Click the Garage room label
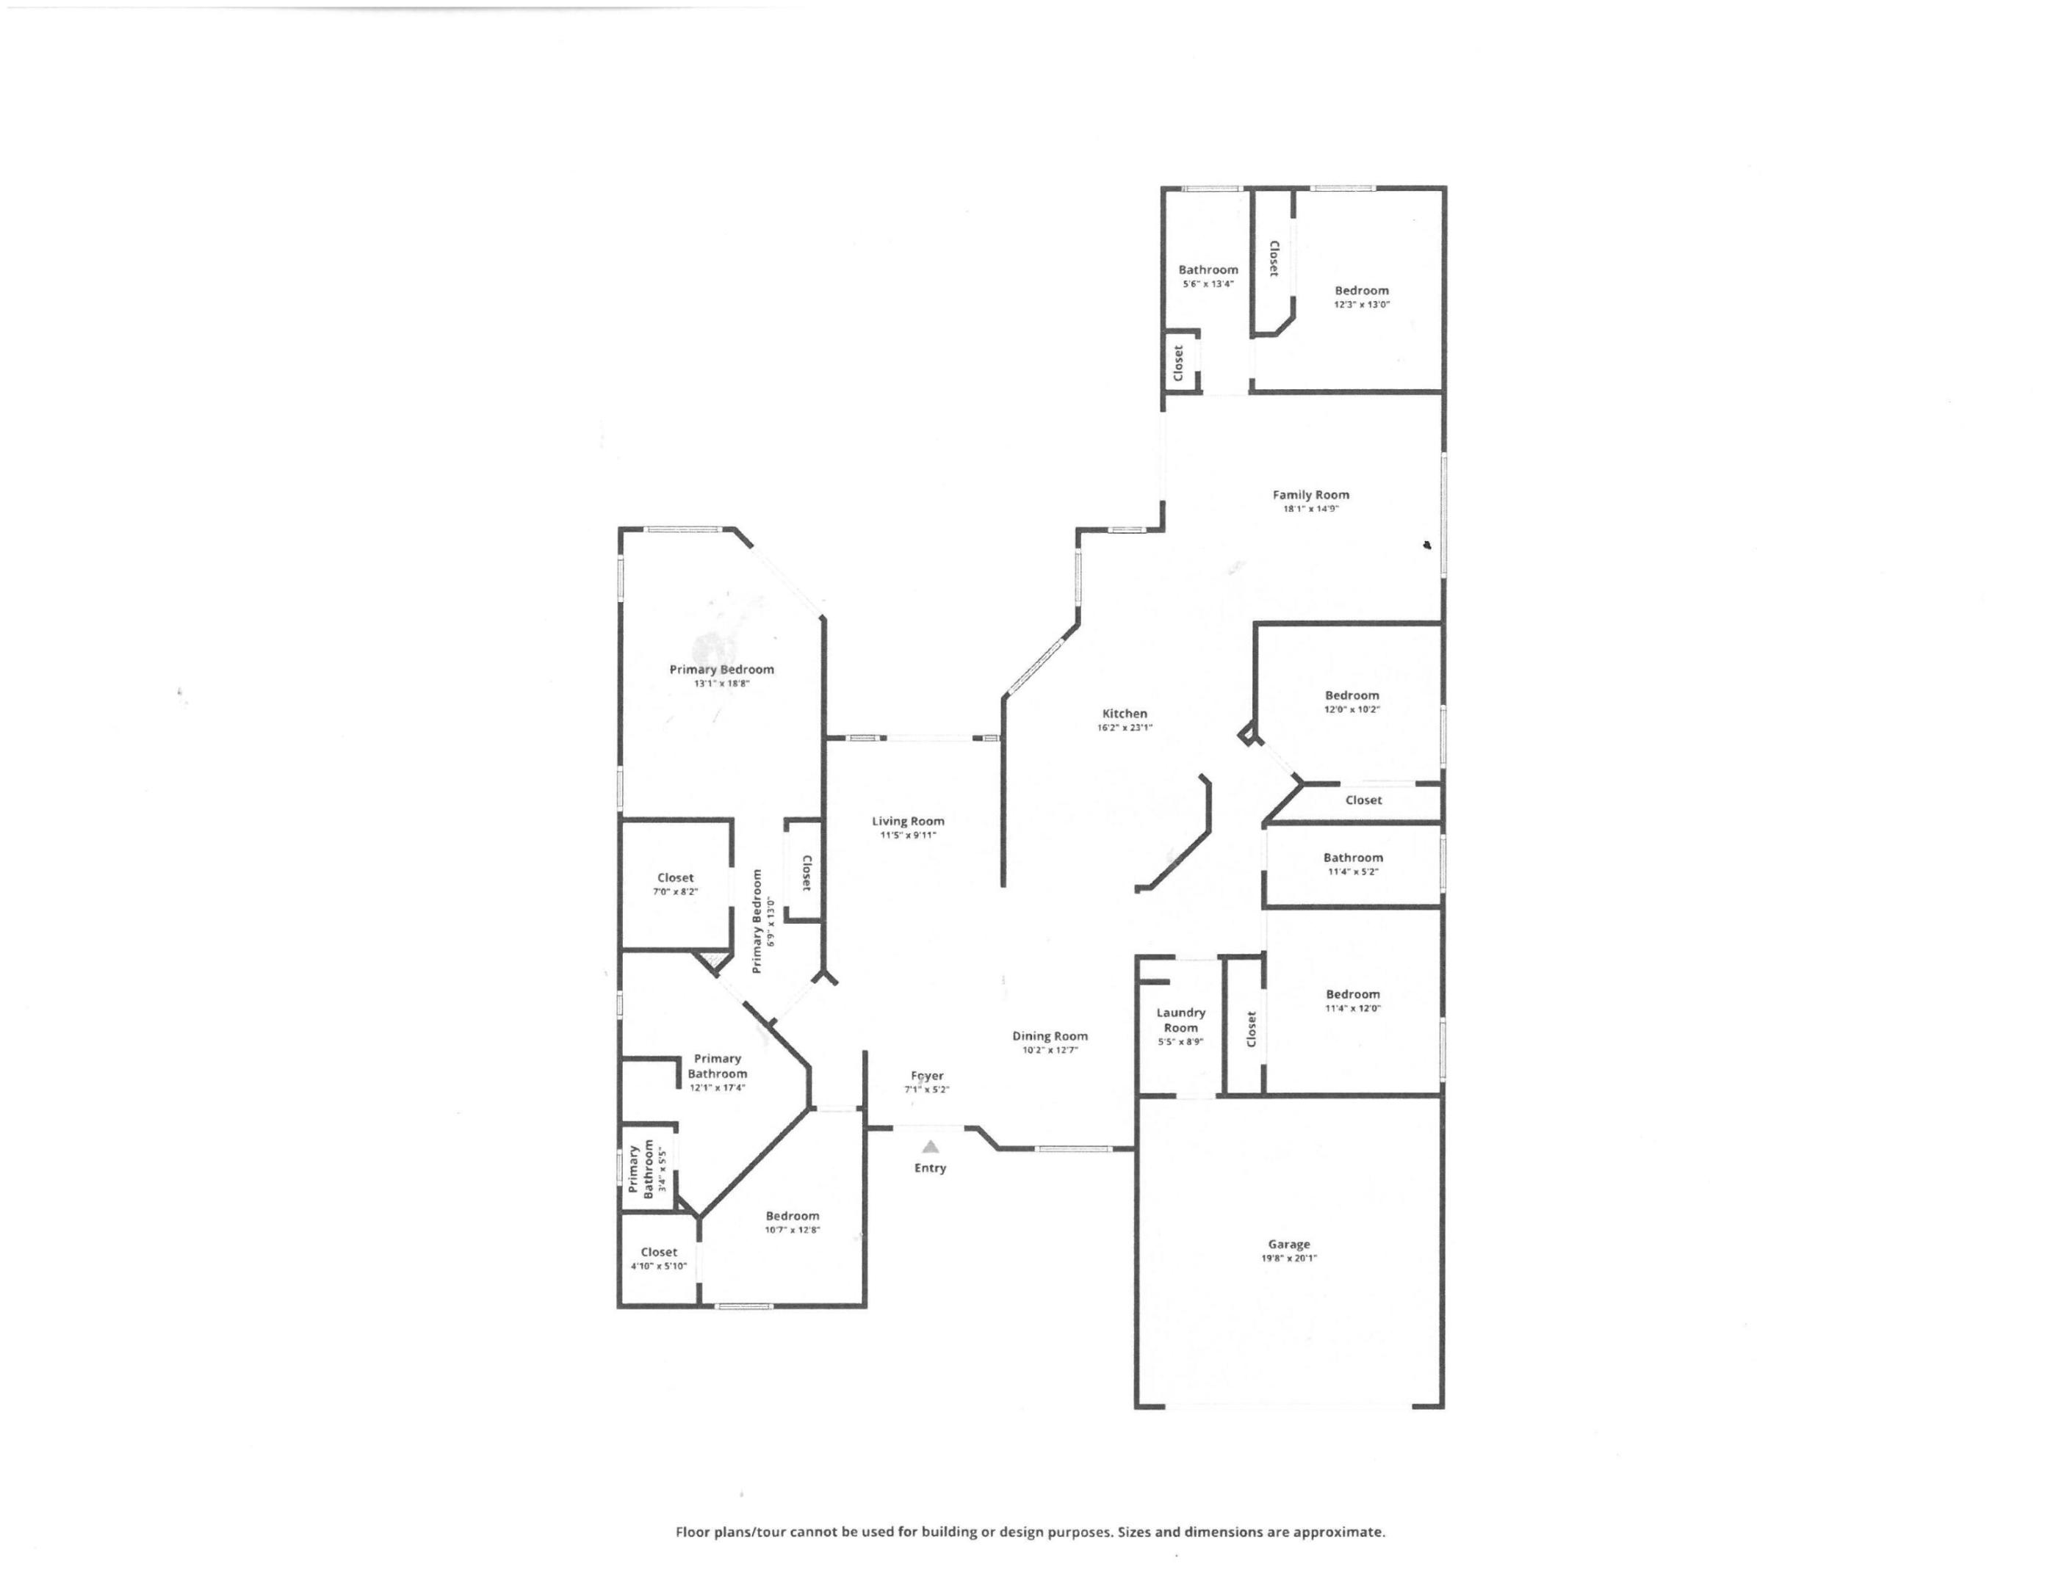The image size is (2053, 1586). pos(1288,1244)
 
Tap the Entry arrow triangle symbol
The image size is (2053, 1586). pos(930,1146)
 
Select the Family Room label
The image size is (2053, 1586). pos(1310,495)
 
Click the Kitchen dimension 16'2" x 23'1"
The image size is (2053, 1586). pos(1125,727)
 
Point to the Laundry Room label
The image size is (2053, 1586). pos(1180,1019)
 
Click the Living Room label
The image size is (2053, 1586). pos(907,821)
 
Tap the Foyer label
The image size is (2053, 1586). pos(927,1076)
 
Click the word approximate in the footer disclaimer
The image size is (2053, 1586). pos(1338,1532)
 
